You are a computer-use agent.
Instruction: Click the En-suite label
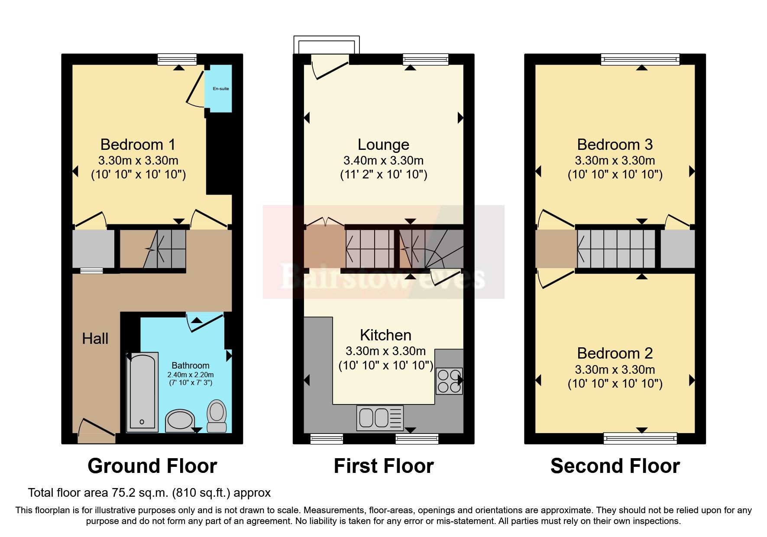220,89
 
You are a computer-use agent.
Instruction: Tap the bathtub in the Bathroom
142,392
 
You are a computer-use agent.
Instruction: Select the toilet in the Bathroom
217,416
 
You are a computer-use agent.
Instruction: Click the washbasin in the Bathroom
180,420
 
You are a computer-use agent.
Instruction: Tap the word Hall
95,339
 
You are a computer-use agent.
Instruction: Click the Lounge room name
383,145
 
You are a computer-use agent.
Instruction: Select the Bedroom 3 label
615,145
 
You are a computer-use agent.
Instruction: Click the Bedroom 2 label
615,353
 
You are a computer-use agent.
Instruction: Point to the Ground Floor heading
152,466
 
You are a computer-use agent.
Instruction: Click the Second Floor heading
615,466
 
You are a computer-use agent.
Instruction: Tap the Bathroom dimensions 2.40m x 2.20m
191,375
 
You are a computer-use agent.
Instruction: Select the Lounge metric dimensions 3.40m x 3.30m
383,161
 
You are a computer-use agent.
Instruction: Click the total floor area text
149,493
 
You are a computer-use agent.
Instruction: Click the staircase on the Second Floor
616,249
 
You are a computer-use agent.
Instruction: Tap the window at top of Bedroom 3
640,59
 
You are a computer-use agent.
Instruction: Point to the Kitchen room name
385,335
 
